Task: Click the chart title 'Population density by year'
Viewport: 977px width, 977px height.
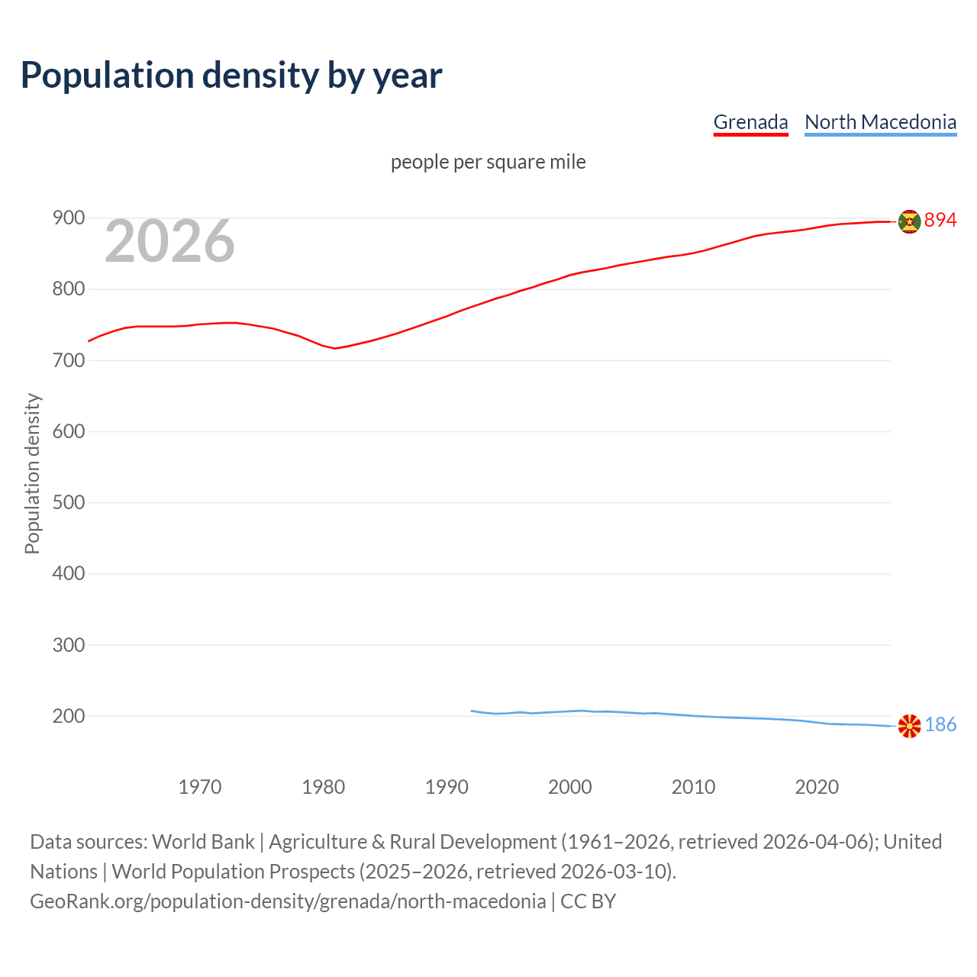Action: (231, 75)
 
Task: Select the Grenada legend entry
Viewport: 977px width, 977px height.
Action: (750, 122)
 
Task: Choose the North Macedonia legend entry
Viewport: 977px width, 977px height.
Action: (880, 122)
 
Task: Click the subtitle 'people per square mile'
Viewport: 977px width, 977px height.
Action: (488, 162)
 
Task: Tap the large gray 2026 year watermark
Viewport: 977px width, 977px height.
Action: (169, 241)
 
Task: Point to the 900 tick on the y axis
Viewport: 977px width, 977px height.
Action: (68, 218)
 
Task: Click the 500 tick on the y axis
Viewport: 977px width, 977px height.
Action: (68, 503)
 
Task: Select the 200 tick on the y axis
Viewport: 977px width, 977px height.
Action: (68, 717)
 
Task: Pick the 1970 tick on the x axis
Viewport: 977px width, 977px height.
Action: (200, 787)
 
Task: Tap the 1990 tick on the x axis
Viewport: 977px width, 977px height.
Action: (447, 787)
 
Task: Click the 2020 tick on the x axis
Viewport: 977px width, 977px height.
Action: (817, 787)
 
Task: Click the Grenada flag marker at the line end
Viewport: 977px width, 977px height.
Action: (909, 221)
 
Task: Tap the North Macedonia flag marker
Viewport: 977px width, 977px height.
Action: (909, 726)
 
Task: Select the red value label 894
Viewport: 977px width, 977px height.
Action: (940, 221)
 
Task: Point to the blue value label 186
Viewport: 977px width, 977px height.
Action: (940, 725)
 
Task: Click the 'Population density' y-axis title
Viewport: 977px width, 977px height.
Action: (32, 473)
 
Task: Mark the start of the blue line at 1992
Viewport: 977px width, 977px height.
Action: (472, 711)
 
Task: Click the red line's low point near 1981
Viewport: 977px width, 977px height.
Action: (335, 348)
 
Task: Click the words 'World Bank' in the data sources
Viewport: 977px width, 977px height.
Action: (203, 842)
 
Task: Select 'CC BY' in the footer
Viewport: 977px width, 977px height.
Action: (588, 901)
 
